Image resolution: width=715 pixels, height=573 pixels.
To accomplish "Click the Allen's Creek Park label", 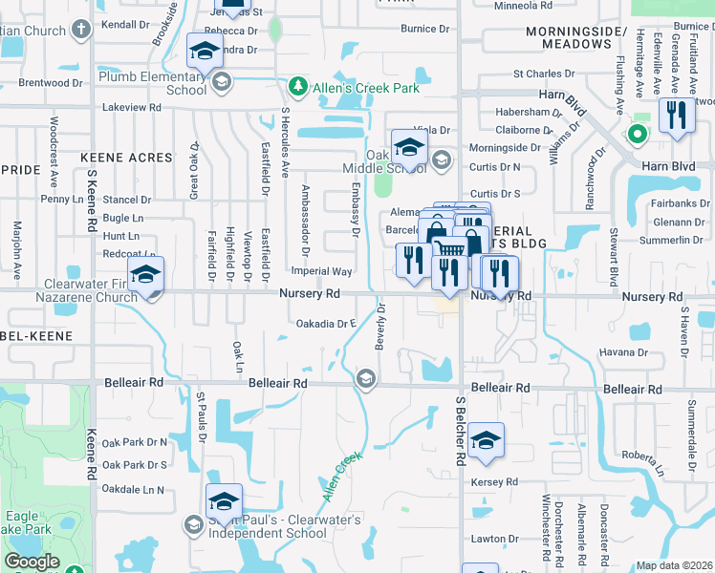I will click(x=364, y=89).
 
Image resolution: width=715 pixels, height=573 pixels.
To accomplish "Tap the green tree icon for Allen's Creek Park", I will click(x=297, y=89).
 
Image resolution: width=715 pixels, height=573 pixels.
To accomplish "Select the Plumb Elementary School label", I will click(x=152, y=82).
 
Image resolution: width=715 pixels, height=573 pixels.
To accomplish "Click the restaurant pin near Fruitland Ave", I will click(x=677, y=117).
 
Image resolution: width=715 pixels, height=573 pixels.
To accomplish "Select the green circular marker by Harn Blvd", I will click(x=634, y=135).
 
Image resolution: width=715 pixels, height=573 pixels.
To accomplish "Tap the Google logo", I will click(x=32, y=562).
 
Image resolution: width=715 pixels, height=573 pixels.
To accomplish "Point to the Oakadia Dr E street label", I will click(x=326, y=324).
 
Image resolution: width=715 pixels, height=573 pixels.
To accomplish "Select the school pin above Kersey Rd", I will click(x=486, y=441).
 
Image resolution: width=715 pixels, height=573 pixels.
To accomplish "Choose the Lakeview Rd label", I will click(x=131, y=107).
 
